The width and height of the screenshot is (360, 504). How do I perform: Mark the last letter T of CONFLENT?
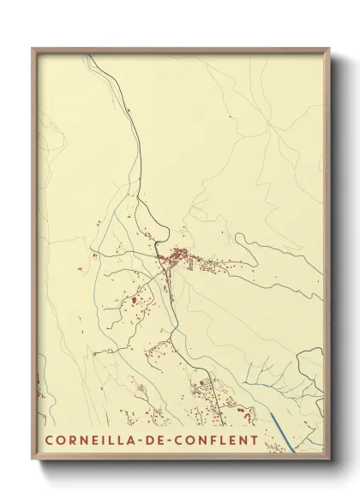254,441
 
